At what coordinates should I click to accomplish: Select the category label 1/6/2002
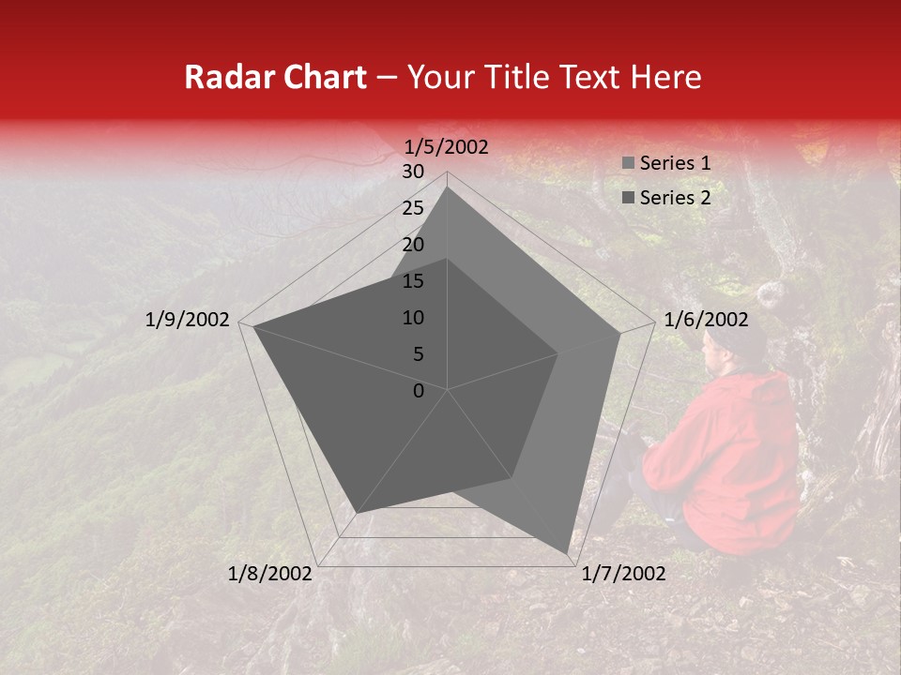click(706, 320)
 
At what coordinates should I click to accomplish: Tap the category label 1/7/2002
click(624, 573)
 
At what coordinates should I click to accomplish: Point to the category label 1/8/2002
click(270, 573)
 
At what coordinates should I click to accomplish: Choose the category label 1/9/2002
click(188, 320)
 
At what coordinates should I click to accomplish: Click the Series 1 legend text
click(675, 163)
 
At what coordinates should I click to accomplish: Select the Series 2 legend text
click(675, 198)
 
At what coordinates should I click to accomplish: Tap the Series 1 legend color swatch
click(628, 164)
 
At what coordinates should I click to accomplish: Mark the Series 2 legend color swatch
click(628, 199)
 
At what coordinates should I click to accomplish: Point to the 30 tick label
click(413, 172)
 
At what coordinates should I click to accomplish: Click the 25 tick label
click(413, 208)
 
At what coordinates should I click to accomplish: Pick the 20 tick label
click(413, 245)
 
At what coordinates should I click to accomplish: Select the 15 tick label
click(413, 281)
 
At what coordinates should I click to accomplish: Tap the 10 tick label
click(413, 318)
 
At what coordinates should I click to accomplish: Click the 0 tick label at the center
click(419, 391)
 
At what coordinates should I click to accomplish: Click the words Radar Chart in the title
click(276, 77)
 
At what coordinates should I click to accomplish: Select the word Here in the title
click(665, 77)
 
